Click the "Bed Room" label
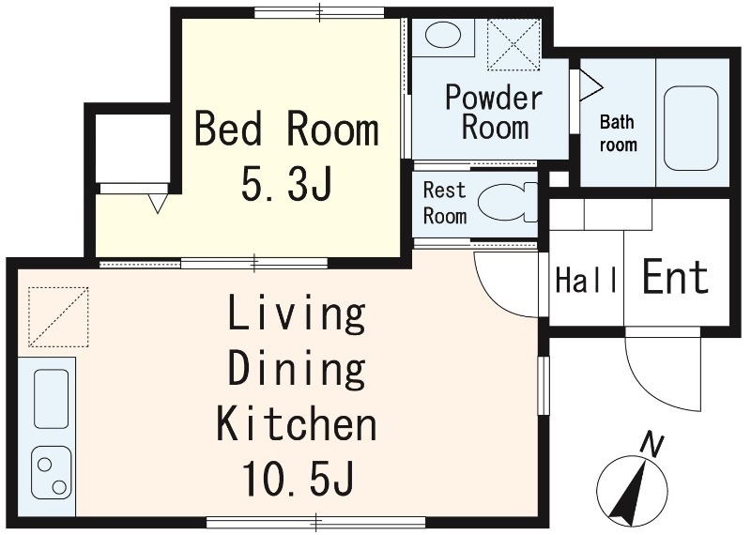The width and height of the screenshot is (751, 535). [287, 129]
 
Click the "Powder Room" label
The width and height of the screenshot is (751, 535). [495, 112]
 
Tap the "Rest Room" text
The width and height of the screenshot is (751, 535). [444, 203]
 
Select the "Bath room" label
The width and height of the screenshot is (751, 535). [618, 133]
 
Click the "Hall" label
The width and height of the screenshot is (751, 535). [586, 281]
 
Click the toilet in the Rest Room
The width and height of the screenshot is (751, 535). [508, 203]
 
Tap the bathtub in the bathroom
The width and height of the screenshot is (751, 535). [691, 129]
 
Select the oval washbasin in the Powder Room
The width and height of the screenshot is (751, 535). [443, 36]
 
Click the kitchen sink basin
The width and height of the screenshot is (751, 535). [51, 399]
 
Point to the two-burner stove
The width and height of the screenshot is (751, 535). [52, 473]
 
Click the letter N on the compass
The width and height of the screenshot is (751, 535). [652, 445]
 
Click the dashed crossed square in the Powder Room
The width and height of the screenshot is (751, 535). [513, 45]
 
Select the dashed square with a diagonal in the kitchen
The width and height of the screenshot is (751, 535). [58, 316]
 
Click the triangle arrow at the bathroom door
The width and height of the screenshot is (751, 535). [590, 86]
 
